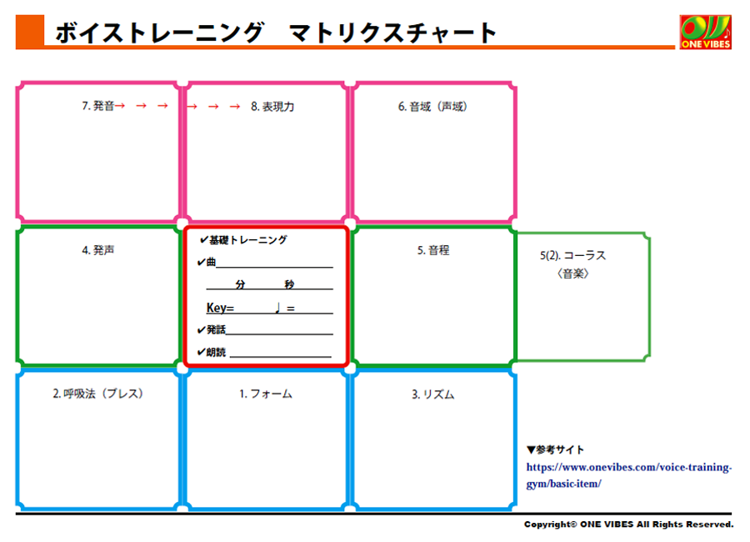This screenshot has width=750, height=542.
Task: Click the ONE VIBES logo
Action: tap(706, 32)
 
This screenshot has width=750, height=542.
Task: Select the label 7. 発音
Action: tap(98, 106)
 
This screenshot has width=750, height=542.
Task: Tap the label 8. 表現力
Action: tap(272, 106)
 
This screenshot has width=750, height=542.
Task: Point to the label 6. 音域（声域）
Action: tap(432, 106)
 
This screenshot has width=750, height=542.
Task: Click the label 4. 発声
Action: tap(98, 250)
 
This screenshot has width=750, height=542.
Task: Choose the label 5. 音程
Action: tap(433, 250)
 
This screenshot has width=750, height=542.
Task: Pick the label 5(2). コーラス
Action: tap(573, 255)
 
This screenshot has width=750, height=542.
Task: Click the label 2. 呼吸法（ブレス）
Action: tap(98, 394)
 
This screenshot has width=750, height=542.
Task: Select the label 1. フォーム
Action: tap(266, 394)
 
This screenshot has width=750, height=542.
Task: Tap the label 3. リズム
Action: tap(432, 394)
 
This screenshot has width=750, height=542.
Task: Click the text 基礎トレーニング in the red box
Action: tap(247, 240)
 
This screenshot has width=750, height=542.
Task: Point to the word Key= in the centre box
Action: tap(220, 308)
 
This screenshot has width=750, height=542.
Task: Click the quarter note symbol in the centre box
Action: tap(277, 308)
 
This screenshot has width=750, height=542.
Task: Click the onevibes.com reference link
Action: tap(629, 475)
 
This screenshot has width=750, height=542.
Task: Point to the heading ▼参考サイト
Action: tap(555, 449)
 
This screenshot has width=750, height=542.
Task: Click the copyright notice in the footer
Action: tap(628, 524)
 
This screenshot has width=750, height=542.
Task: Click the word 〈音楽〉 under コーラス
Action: tap(573, 274)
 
